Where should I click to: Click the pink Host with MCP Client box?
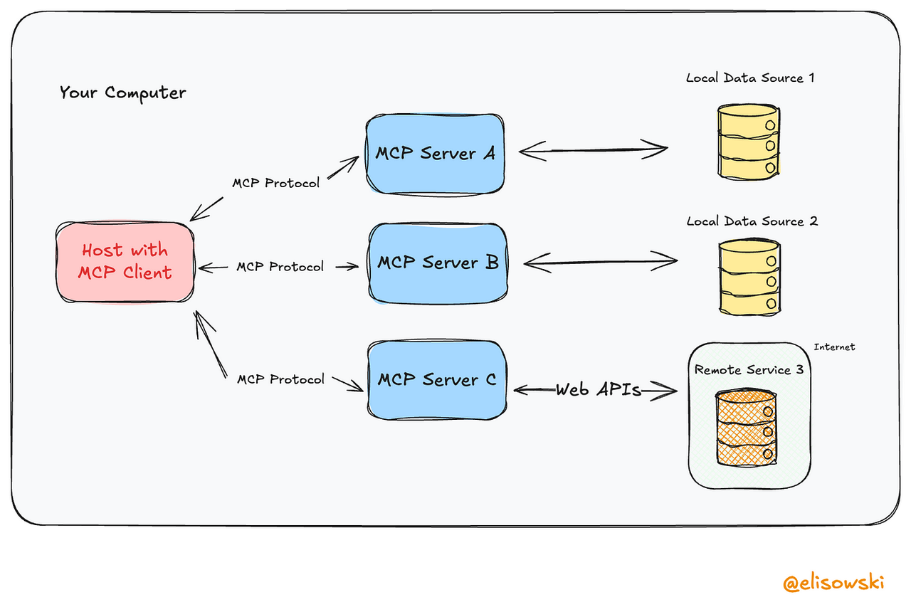tap(125, 262)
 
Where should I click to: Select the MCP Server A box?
tap(435, 153)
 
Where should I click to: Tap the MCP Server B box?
tap(437, 263)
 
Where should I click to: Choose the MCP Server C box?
tap(437, 380)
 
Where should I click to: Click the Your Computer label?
tap(122, 93)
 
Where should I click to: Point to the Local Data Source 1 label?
tap(749, 78)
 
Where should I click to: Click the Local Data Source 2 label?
tap(752, 221)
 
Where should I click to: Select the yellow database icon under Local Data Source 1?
tap(749, 141)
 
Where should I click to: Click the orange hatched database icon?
tap(744, 428)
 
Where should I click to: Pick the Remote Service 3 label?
tap(742, 370)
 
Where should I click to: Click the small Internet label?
tap(834, 347)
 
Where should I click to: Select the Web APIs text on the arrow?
tap(599, 390)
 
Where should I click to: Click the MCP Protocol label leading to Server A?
tap(275, 183)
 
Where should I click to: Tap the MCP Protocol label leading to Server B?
tap(280, 267)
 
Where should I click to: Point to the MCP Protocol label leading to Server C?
tap(280, 379)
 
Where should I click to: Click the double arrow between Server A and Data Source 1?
tap(593, 150)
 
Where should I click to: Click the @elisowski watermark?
tap(833, 583)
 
